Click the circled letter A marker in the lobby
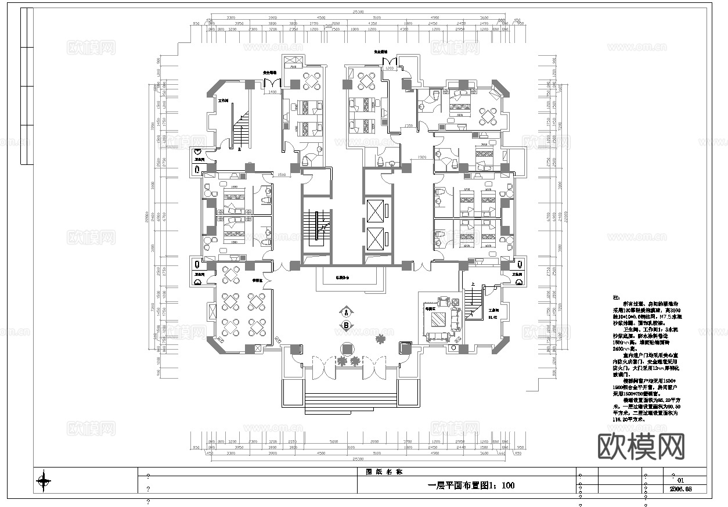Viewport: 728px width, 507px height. (x=347, y=310)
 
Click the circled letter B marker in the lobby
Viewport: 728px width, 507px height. (x=347, y=325)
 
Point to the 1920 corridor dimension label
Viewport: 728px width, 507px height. (x=422, y=157)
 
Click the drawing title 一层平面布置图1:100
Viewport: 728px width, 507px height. (x=471, y=486)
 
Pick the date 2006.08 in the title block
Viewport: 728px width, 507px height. (x=681, y=489)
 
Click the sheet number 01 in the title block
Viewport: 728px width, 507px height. (x=681, y=480)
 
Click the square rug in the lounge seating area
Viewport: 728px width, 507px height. (x=438, y=318)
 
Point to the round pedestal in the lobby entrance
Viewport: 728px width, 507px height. (x=347, y=348)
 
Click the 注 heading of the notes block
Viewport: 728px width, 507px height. (x=617, y=297)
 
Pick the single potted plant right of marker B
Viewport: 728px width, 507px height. (x=381, y=338)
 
